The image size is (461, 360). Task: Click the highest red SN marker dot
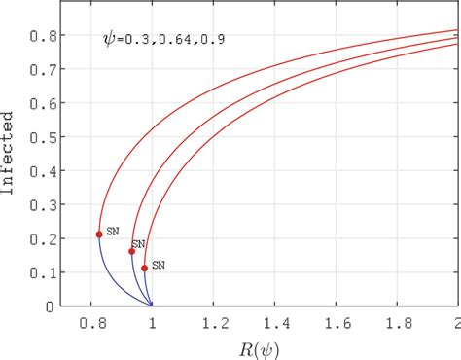pos(99,234)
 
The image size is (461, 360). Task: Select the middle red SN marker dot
pos(132,251)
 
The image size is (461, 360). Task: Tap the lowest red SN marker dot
pos(144,268)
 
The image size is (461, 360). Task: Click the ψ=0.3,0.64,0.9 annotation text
pos(160,41)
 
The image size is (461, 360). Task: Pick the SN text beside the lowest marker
pos(158,265)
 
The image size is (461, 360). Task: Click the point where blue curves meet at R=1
pos(152,306)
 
